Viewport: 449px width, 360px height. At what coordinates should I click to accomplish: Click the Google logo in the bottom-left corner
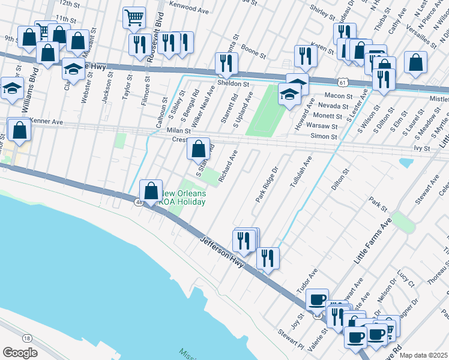tap(20, 352)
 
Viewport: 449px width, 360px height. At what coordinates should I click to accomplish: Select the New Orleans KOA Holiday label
tap(184, 197)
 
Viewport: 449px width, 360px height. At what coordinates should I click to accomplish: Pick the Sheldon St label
tap(233, 84)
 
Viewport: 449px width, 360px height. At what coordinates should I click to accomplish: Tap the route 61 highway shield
tap(341, 82)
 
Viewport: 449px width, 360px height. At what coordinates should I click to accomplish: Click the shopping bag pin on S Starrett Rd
tap(198, 148)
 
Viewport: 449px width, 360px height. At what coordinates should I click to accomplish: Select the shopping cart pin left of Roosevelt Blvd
tap(134, 17)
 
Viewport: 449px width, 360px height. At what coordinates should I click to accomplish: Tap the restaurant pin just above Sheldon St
tap(227, 63)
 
